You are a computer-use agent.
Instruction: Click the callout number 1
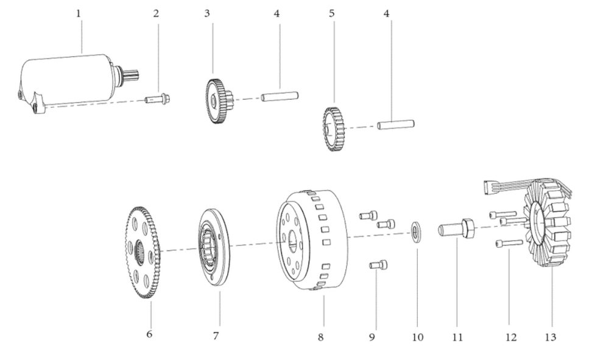pos(79,13)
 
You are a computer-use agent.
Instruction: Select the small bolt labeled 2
pos(158,99)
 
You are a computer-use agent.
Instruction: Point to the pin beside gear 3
pos(280,96)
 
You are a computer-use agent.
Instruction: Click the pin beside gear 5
pos(396,125)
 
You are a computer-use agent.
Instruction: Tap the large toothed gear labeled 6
pos(143,252)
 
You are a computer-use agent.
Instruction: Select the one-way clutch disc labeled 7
pos(214,247)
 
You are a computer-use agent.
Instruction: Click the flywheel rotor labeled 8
pos(312,239)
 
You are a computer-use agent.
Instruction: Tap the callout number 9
pos(372,337)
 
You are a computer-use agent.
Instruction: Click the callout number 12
pos(511,337)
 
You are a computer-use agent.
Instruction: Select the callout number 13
pos(551,337)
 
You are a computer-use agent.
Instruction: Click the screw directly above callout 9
pos(378,265)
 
